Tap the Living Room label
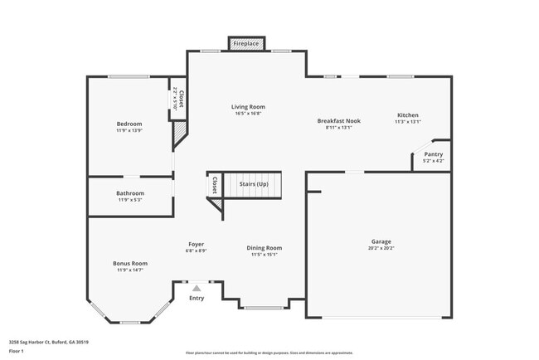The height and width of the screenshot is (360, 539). pos(248,106)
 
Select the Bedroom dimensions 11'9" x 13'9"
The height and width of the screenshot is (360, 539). pos(129,130)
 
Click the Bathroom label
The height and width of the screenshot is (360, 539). pos(129,193)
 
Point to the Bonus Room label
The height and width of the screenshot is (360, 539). pos(130,263)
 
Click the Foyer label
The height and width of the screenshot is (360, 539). pos(197,244)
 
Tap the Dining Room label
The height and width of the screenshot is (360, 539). pos(265,248)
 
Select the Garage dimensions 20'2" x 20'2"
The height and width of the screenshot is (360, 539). pos(381,248)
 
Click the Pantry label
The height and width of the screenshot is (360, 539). pos(433,153)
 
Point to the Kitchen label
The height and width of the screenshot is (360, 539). pos(407,114)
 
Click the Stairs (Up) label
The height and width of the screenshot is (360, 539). pos(254,183)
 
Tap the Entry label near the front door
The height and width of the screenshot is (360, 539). pos(197,298)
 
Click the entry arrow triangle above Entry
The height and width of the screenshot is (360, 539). pos(197,288)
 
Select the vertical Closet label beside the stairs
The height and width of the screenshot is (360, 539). pos(215,185)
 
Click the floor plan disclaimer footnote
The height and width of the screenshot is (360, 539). pos(269,353)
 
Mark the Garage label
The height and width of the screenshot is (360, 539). pos(381,241)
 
